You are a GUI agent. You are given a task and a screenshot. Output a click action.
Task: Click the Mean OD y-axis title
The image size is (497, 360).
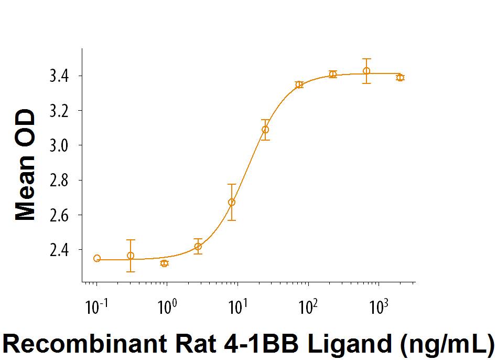25,165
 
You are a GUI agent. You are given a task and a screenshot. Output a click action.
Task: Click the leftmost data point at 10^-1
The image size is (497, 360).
97,258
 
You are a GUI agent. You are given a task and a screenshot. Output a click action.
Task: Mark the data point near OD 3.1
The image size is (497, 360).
265,130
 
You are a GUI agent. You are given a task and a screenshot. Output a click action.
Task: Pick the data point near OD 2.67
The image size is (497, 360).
232,202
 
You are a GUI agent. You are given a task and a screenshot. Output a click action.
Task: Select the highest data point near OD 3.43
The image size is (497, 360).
366,71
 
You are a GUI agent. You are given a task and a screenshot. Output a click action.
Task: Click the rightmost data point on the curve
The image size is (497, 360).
400,78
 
